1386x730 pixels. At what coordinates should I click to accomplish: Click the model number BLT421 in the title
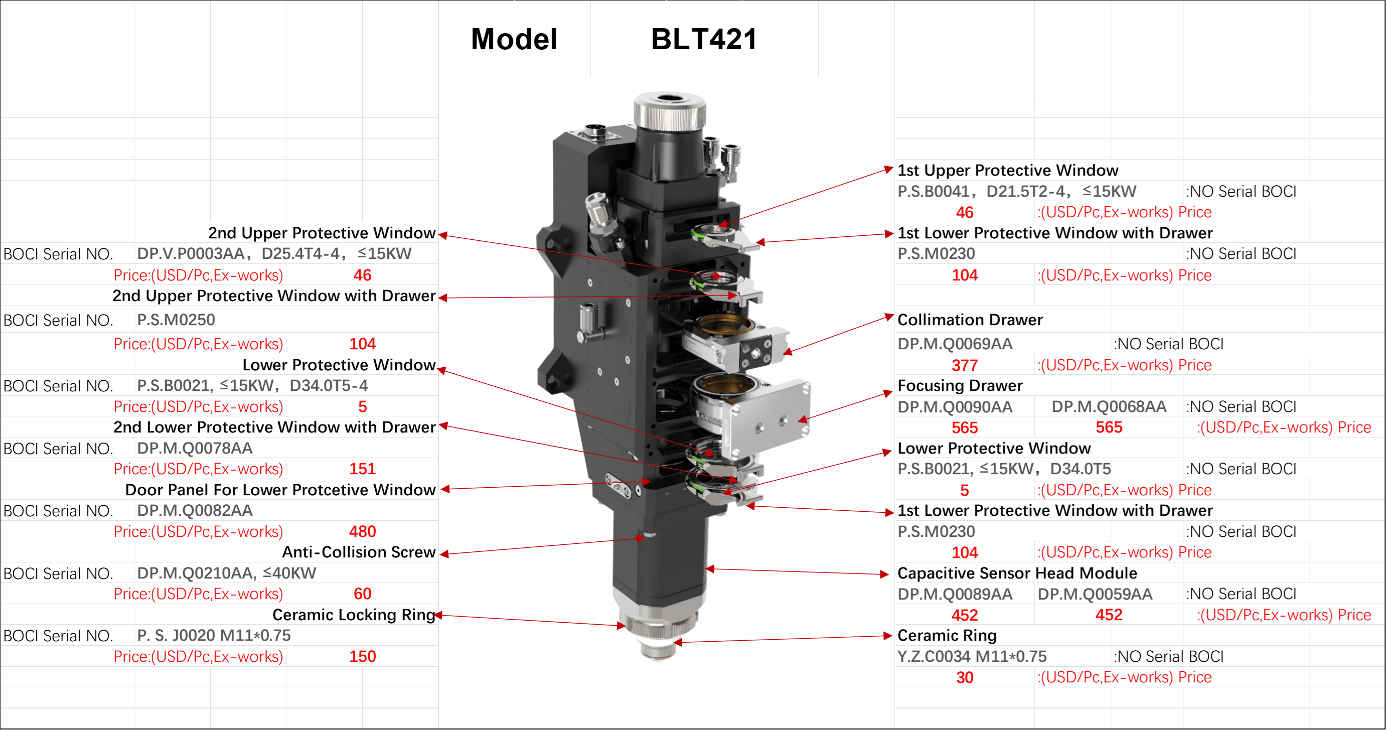(x=704, y=39)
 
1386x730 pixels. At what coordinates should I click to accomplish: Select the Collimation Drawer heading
(x=970, y=320)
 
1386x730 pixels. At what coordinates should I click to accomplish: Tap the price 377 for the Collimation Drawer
(x=964, y=365)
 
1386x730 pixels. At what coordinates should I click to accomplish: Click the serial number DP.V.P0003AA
(x=192, y=254)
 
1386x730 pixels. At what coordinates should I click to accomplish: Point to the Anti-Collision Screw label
(x=359, y=552)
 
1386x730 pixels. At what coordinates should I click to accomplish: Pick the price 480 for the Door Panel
(x=362, y=531)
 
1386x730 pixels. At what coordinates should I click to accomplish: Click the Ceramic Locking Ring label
(x=354, y=615)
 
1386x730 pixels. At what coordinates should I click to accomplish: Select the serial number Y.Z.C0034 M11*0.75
(x=972, y=656)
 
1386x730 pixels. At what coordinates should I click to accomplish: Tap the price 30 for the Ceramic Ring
(x=964, y=677)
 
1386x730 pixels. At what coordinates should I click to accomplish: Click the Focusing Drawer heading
(x=960, y=386)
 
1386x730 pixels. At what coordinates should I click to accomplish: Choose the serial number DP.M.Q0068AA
(x=1109, y=407)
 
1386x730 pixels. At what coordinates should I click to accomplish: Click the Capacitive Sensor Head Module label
(x=1017, y=573)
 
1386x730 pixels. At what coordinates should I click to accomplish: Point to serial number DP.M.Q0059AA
(x=1095, y=594)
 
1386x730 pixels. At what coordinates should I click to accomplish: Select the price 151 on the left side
(x=362, y=469)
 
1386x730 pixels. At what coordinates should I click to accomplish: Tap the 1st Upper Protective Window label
(x=1008, y=171)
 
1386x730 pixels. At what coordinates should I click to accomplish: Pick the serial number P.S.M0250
(x=176, y=320)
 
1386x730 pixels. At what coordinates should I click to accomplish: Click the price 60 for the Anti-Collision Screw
(x=362, y=594)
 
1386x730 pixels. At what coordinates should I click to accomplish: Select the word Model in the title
(x=514, y=39)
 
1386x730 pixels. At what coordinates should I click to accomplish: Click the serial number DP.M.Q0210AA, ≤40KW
(x=227, y=573)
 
